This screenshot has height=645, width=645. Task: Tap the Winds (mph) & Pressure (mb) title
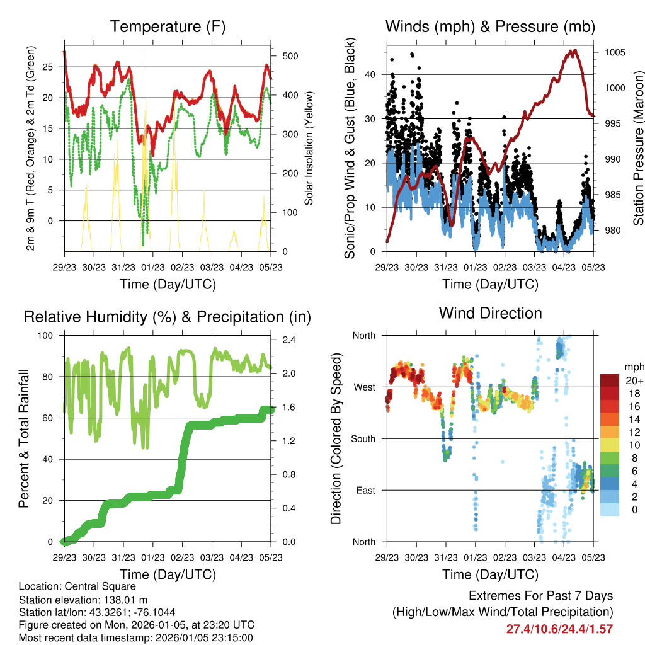(490, 27)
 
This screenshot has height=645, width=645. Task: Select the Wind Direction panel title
(490, 313)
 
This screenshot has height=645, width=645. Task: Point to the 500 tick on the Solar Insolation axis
(290, 55)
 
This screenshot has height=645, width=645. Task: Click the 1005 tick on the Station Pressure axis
(614, 52)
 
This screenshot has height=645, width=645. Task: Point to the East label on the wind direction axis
(365, 490)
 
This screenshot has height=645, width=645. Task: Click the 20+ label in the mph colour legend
(632, 381)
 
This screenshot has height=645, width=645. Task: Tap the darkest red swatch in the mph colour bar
(610, 380)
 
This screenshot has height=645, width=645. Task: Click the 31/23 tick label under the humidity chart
(123, 557)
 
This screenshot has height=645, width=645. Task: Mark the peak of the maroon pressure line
(573, 51)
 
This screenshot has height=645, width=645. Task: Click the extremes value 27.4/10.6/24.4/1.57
(559, 629)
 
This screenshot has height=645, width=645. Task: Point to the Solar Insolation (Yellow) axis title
(309, 148)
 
